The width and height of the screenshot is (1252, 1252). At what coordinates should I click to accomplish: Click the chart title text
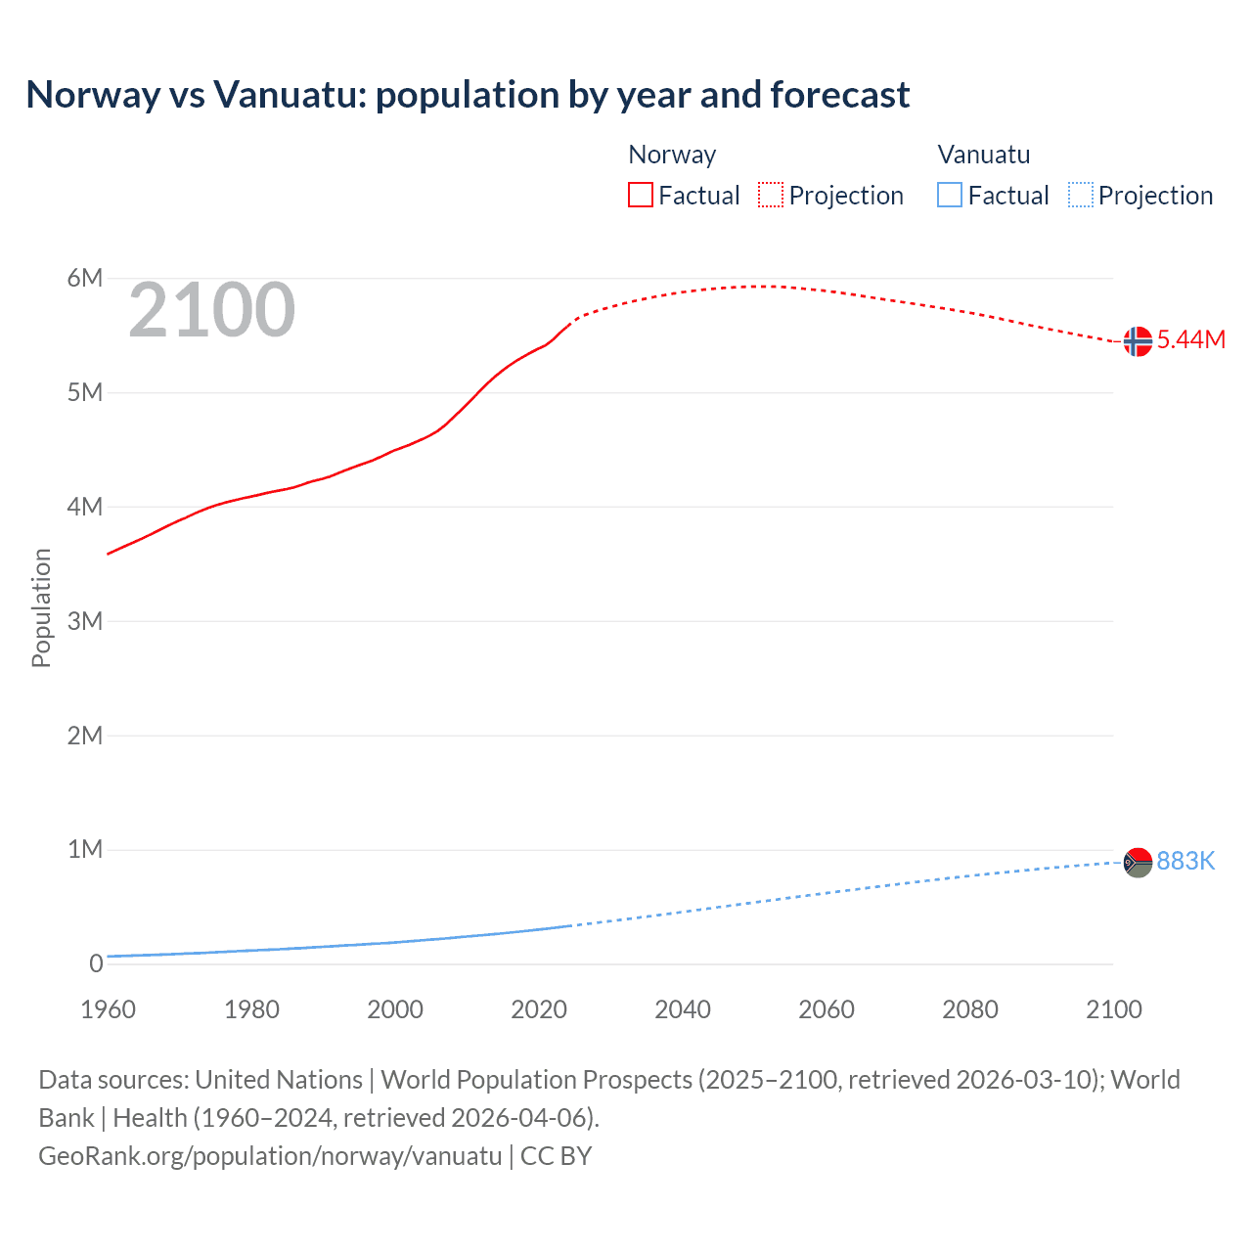(x=468, y=95)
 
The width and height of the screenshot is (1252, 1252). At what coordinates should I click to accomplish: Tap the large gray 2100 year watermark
(x=211, y=310)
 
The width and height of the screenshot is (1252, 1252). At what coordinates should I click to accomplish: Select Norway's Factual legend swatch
(x=640, y=195)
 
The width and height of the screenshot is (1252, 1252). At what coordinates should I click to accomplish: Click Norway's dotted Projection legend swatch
(x=771, y=195)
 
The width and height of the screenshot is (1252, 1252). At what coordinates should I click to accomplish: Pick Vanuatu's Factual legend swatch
(x=949, y=195)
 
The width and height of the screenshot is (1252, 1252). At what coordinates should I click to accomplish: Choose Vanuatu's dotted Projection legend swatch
(x=1080, y=195)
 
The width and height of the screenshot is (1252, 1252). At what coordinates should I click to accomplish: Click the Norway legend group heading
(x=672, y=155)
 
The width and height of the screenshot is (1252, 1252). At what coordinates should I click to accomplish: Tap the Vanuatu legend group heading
(x=983, y=155)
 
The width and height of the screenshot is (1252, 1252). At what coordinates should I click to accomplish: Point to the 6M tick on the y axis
(x=84, y=279)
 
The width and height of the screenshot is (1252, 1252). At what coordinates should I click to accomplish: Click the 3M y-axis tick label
(x=84, y=621)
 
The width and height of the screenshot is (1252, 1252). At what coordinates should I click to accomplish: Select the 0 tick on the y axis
(x=95, y=963)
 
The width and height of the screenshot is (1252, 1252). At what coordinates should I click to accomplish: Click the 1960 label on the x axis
(x=108, y=1009)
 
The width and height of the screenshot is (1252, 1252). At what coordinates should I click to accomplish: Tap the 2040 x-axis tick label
(x=683, y=1009)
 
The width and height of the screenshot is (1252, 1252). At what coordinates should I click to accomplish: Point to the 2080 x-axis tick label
(x=970, y=1009)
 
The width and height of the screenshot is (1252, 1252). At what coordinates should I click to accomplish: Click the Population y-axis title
(x=41, y=607)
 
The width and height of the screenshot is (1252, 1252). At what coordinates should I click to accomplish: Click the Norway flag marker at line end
(x=1138, y=341)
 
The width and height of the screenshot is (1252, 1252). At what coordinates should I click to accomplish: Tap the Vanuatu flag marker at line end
(x=1138, y=863)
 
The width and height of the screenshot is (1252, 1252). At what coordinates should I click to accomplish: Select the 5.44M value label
(x=1190, y=339)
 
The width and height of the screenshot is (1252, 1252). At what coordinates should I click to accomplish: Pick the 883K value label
(x=1185, y=861)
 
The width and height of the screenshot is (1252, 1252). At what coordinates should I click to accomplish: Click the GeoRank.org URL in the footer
(x=270, y=1156)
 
